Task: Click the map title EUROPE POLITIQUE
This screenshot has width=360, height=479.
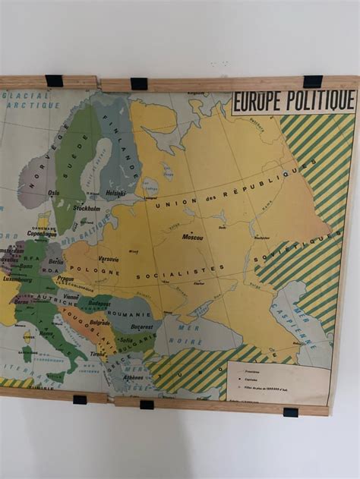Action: tap(293, 101)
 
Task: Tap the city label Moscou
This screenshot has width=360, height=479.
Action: tap(192, 237)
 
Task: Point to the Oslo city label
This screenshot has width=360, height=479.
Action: tap(54, 193)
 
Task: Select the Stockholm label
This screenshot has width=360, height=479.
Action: tap(87, 207)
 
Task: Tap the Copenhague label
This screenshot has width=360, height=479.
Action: tap(42, 234)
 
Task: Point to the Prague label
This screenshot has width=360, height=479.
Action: tap(65, 279)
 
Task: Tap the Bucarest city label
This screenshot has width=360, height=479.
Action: tap(142, 326)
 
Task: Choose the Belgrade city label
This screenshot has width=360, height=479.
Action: tap(100, 322)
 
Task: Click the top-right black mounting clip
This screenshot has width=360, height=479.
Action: tap(312, 81)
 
